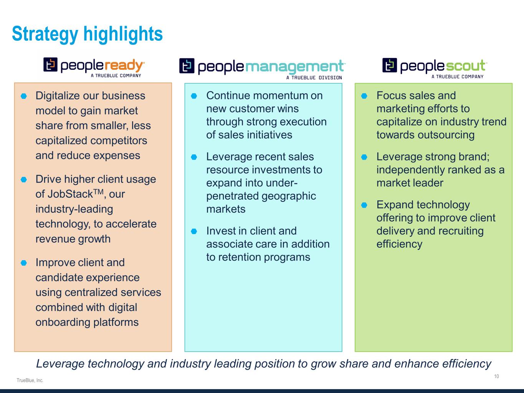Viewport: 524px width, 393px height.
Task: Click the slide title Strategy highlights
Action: tap(87, 34)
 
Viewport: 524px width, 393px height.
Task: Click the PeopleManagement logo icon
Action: tap(187, 66)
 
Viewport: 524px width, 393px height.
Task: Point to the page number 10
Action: tap(496, 376)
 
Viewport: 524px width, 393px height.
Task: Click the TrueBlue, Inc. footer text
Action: tap(30, 380)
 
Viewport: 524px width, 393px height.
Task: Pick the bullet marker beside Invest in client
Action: tap(194, 231)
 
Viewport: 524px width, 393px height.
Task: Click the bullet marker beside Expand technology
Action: tap(364, 205)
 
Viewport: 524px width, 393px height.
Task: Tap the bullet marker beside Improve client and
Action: tap(24, 263)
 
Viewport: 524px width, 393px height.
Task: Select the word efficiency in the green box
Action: tap(399, 244)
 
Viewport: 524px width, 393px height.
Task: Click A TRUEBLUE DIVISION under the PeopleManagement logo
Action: tap(314, 78)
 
